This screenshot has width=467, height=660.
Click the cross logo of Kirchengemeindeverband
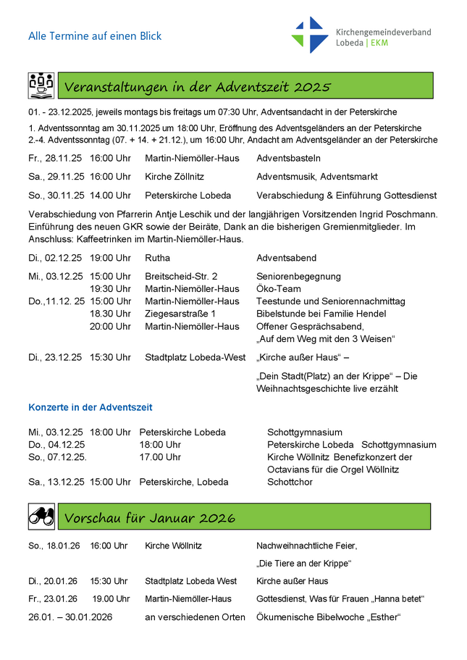[x=310, y=35]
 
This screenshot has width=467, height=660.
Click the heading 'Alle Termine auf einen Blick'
[x=95, y=35]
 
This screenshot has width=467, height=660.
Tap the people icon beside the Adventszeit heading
[x=41, y=85]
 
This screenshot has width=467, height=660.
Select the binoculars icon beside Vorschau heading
[x=41, y=517]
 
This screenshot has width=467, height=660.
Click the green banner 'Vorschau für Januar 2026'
[x=245, y=517]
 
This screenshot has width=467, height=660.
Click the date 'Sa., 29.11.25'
[x=56, y=177]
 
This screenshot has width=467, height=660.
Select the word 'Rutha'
[x=157, y=258]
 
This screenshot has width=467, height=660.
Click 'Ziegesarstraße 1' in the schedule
[x=180, y=314]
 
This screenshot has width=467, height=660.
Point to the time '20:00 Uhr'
[x=110, y=326]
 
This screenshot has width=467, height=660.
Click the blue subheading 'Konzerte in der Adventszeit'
[x=91, y=407]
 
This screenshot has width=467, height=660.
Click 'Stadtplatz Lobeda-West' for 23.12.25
[x=195, y=357]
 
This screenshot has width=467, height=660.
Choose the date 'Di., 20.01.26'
[x=53, y=581]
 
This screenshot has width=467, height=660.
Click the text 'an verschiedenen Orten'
[x=195, y=617]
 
